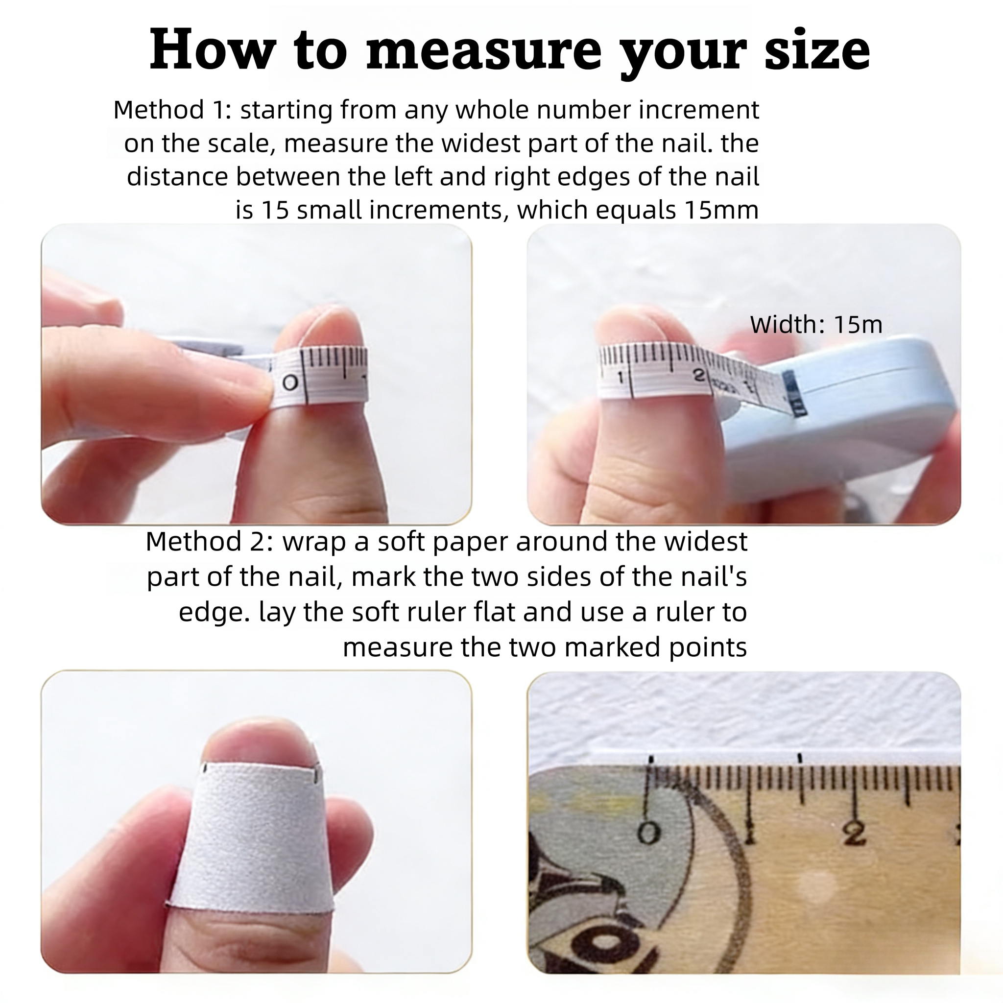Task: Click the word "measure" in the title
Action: pyautogui.click(x=483, y=51)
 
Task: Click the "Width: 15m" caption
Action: pyautogui.click(x=816, y=325)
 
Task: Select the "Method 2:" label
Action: pyautogui.click(x=209, y=541)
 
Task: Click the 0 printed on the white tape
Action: pyautogui.click(x=290, y=383)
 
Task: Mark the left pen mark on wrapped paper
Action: pyautogui.click(x=206, y=768)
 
